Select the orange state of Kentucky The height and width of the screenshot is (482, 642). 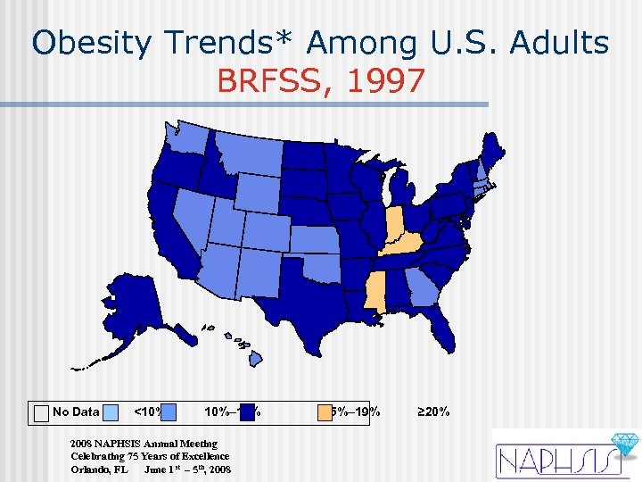click(405, 245)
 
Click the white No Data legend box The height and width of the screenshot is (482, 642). click(40, 412)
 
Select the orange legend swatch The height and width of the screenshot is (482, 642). click(325, 412)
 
